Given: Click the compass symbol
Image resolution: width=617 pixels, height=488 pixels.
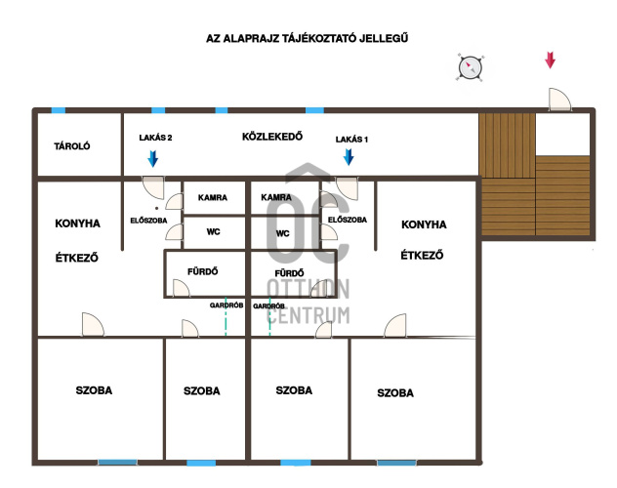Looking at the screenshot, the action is pyautogui.click(x=470, y=66).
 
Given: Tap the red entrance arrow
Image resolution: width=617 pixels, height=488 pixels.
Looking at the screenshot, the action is pyautogui.click(x=550, y=61).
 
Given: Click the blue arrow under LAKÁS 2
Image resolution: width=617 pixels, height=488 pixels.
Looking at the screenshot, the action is pyautogui.click(x=152, y=158).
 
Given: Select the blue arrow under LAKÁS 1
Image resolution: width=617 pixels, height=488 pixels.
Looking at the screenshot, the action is pyautogui.click(x=349, y=157).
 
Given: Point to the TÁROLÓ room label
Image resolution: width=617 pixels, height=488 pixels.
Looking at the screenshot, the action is pyautogui.click(x=72, y=146).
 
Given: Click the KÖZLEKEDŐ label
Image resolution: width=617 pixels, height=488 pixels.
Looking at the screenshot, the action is pyautogui.click(x=272, y=137).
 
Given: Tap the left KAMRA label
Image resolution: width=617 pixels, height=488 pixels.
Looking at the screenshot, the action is pyautogui.click(x=213, y=197).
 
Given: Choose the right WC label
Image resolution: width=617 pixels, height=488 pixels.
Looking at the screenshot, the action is pyautogui.click(x=282, y=233).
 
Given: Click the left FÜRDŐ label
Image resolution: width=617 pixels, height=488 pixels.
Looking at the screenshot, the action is pyautogui.click(x=203, y=271).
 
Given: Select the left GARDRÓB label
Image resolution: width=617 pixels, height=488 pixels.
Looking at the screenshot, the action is pyautogui.click(x=226, y=305).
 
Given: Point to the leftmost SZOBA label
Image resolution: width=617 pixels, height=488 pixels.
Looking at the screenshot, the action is pyautogui.click(x=94, y=390).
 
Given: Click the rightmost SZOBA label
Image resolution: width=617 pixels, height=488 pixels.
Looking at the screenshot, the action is pyautogui.click(x=395, y=392).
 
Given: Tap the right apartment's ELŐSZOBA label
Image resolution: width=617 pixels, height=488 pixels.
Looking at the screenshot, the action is pyautogui.click(x=348, y=220).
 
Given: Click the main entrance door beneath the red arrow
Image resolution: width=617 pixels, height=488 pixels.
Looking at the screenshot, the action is pyautogui.click(x=559, y=100).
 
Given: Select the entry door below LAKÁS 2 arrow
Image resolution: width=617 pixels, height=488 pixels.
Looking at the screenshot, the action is pyautogui.click(x=153, y=187).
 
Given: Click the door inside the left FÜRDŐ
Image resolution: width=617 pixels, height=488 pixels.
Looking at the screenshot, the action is pyautogui.click(x=181, y=288).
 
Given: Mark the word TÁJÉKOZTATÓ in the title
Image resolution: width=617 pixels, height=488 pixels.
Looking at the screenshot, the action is pyautogui.click(x=319, y=38).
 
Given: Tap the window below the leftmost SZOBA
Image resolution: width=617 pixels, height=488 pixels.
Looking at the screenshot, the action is pyautogui.click(x=118, y=463).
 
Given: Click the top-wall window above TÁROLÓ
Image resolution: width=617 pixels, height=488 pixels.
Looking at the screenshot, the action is pyautogui.click(x=59, y=110).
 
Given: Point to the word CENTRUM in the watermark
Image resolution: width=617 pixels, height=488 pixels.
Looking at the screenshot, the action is pyautogui.click(x=308, y=315).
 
